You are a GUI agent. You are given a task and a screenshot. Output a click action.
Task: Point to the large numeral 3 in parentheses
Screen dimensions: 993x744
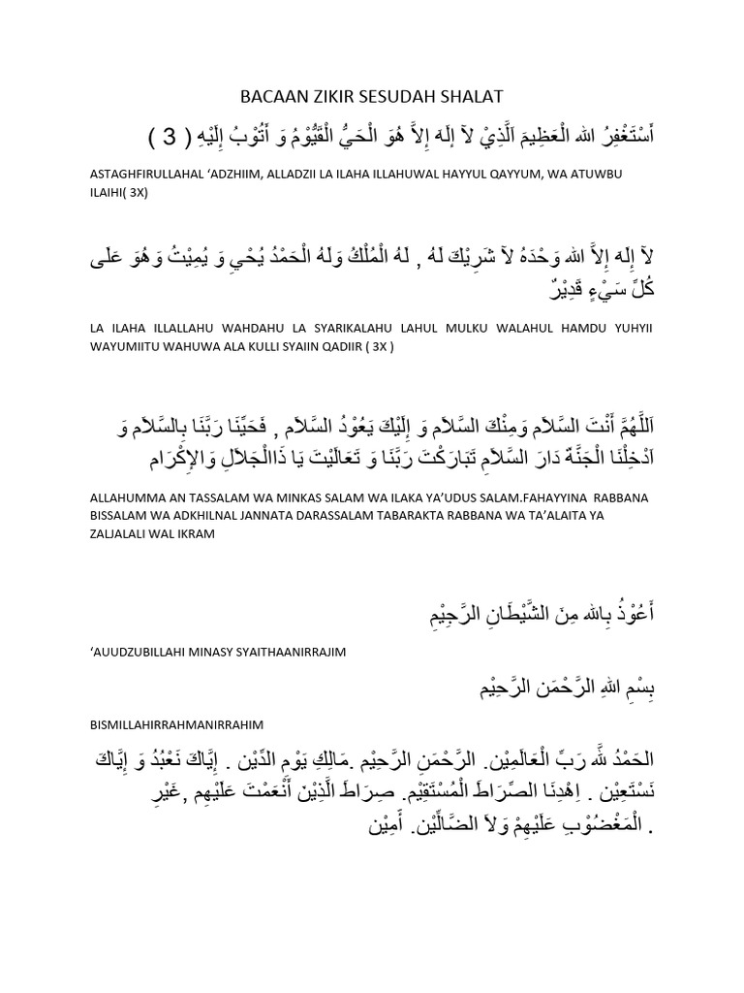(x=170, y=135)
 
